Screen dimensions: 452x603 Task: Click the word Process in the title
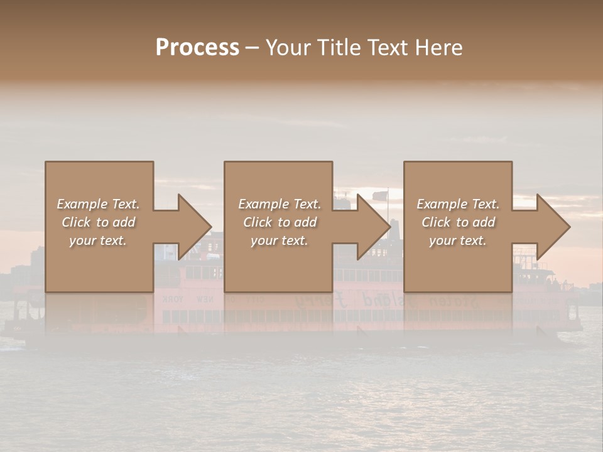click(x=197, y=48)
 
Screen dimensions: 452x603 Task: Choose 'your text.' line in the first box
click(x=98, y=240)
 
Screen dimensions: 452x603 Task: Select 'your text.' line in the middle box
click(x=279, y=240)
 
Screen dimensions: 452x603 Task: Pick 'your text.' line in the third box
click(x=458, y=240)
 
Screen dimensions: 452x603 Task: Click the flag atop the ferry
click(x=381, y=195)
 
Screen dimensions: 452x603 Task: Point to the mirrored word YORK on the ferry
click(x=173, y=299)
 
